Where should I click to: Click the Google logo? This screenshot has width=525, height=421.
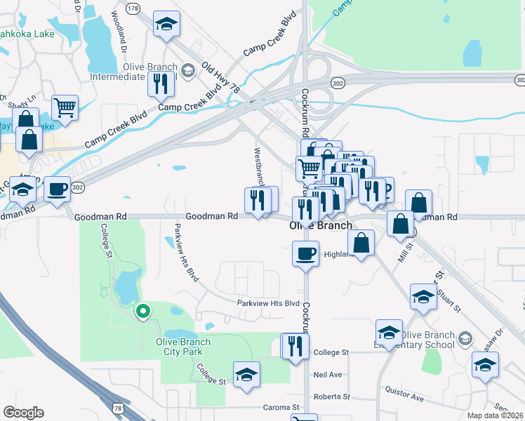point(23,413)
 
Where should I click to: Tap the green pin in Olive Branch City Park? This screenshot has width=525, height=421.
point(142,311)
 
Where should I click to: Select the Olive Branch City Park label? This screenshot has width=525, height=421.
point(182,347)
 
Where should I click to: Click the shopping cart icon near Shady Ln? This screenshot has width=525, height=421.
point(65,109)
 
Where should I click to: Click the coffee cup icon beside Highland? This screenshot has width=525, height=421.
point(305,253)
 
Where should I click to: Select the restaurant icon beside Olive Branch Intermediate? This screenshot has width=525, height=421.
point(161,84)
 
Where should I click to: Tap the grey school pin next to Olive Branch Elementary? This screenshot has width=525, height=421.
point(465,340)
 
